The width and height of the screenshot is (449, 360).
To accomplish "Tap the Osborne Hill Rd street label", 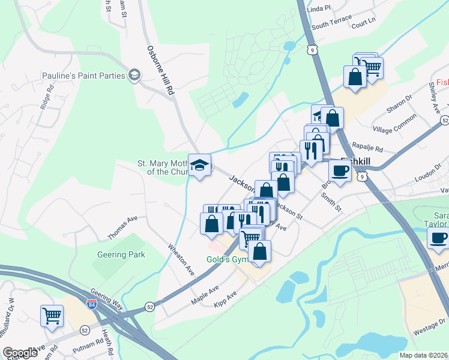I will point(160,70).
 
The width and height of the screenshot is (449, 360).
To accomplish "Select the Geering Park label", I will point(121,254).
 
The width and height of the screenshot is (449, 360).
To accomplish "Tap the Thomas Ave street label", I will point(123,228).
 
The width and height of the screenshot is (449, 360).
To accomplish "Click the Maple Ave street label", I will point(205,294).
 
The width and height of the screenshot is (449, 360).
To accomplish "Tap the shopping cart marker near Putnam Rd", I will point(52,316).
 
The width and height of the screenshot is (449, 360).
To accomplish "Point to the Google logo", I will point(20,353).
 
